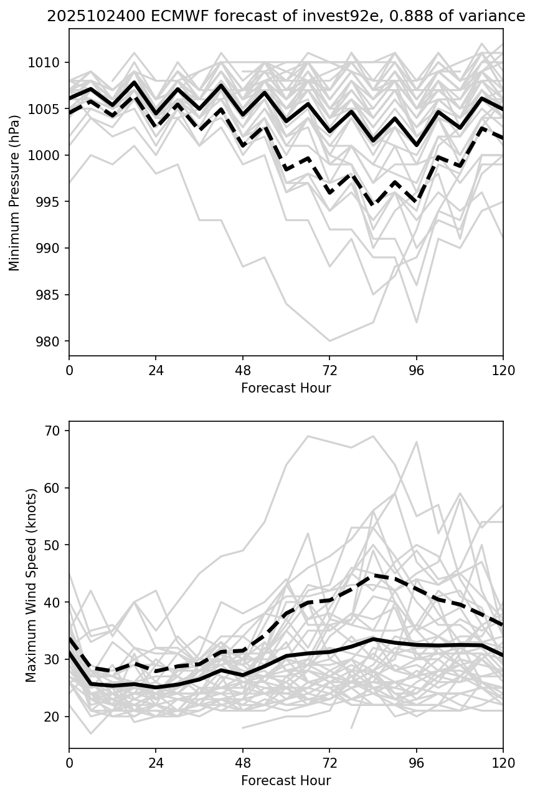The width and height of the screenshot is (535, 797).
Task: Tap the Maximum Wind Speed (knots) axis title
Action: coord(31,585)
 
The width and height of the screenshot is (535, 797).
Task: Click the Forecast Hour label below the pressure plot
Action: coord(286,388)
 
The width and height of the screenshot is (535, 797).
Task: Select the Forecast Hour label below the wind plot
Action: coord(286,781)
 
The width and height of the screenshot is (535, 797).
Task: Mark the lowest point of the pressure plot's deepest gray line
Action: coord(329,341)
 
